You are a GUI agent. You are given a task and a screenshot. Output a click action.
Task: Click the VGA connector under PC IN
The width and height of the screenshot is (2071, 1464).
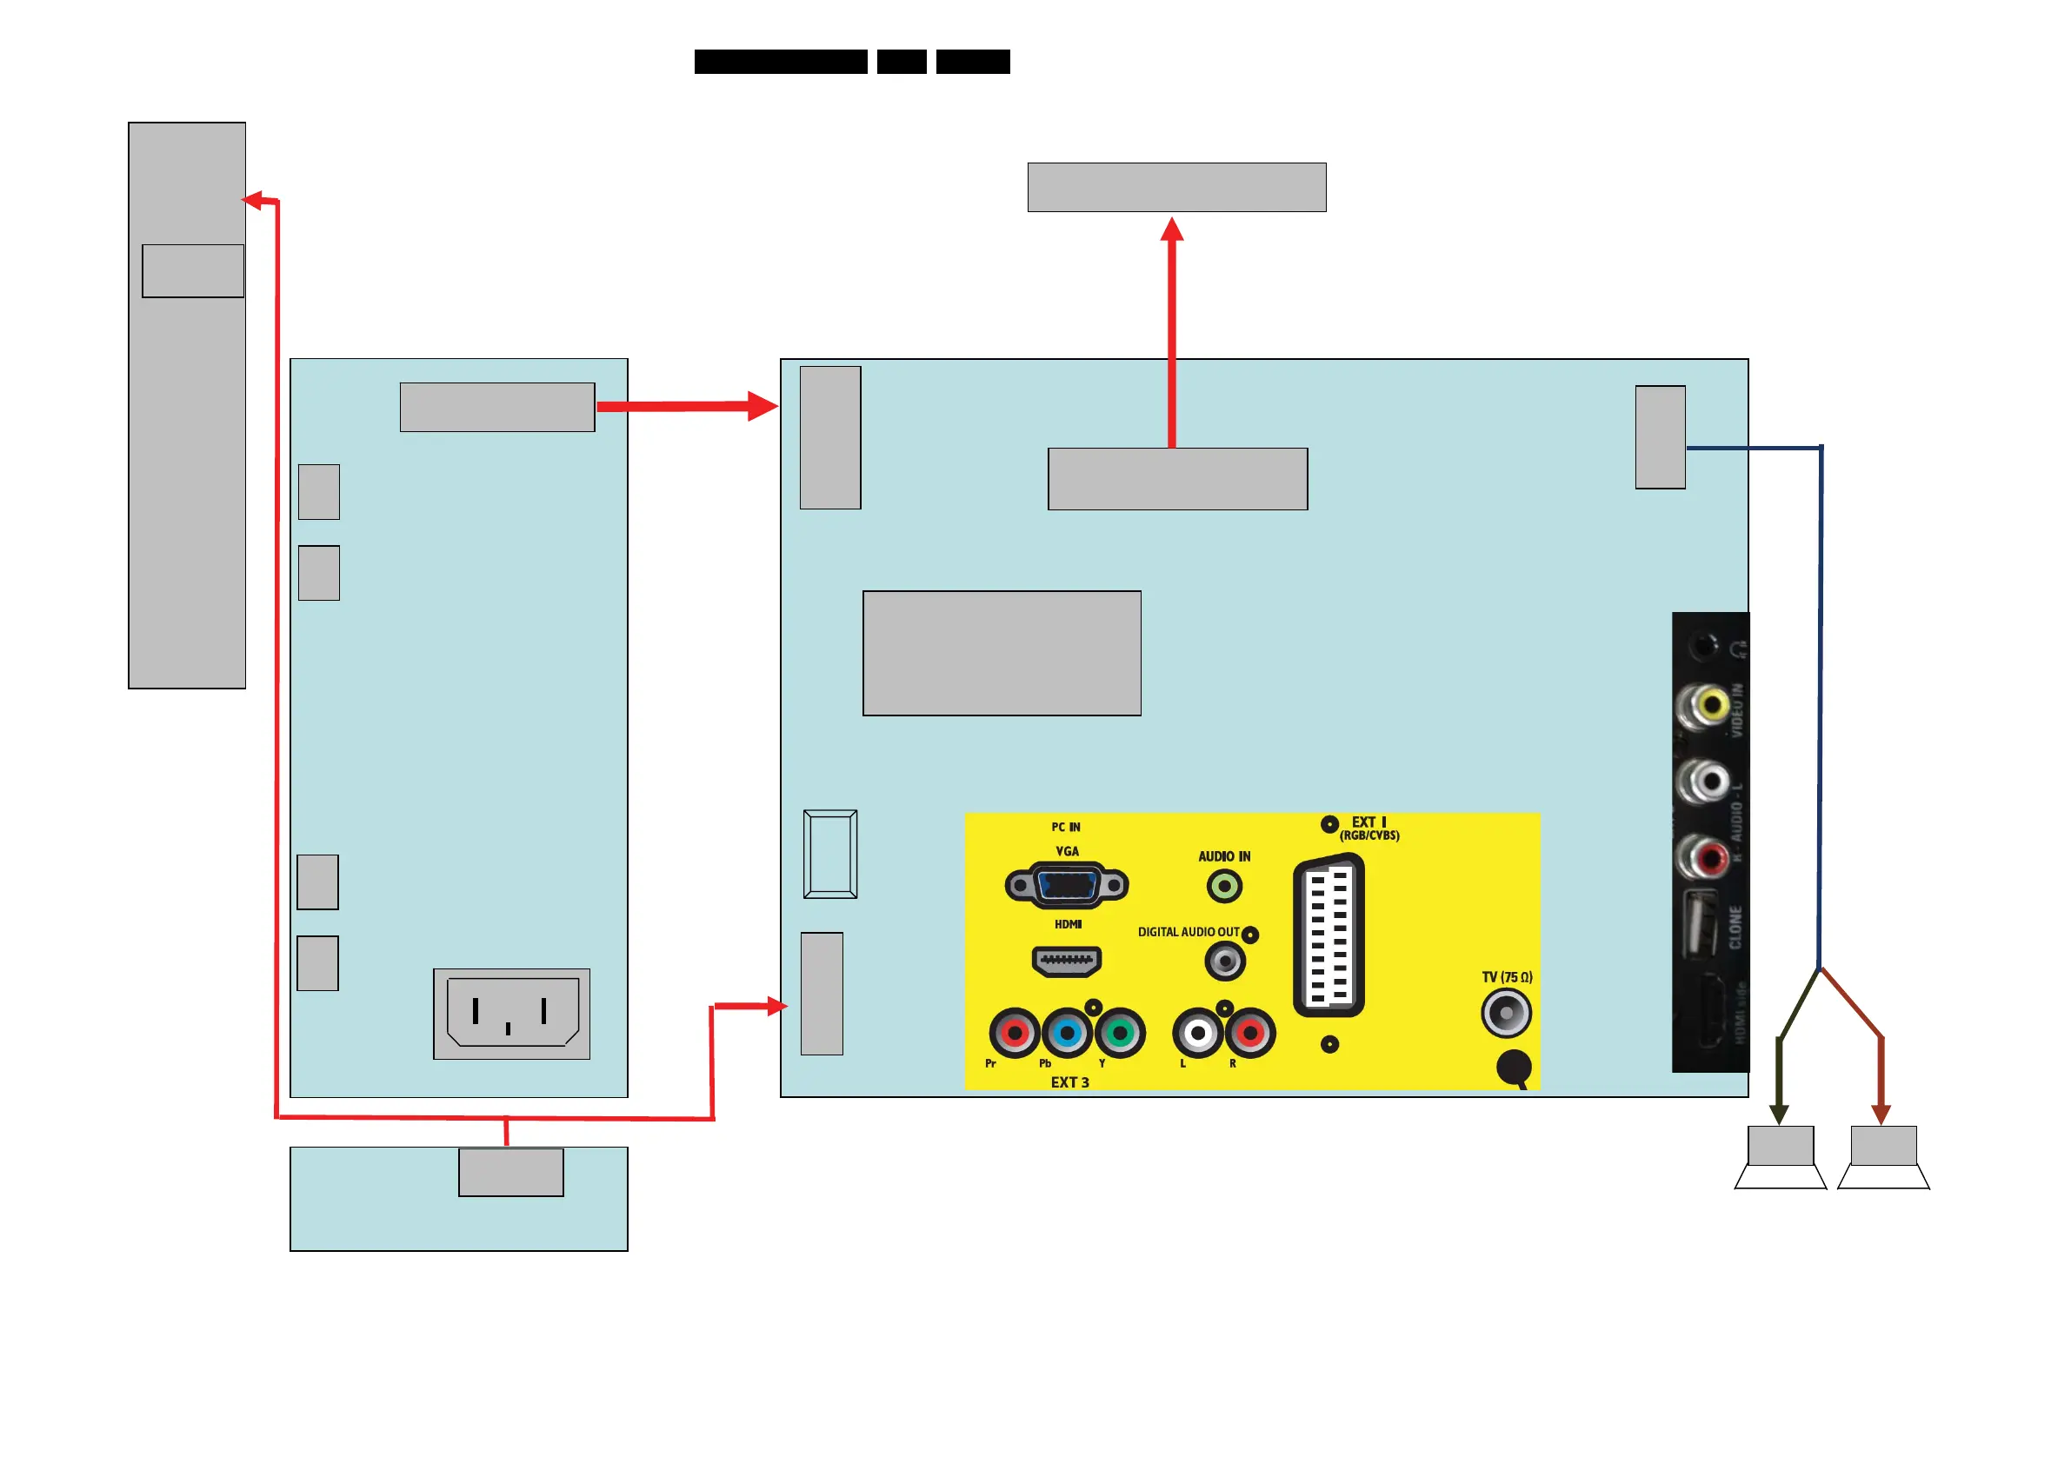click(1066, 885)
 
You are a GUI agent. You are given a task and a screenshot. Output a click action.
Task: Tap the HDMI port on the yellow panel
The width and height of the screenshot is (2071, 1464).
click(1066, 961)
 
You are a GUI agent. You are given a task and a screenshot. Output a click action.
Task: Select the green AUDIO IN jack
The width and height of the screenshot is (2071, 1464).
click(1224, 886)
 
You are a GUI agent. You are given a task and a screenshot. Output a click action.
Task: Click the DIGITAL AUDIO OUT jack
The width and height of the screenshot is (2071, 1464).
click(1225, 962)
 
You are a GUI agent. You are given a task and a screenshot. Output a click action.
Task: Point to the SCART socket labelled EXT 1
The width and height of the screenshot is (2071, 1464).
click(1328, 936)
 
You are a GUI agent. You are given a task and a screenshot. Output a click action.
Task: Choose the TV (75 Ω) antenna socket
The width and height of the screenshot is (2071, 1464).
click(1506, 1012)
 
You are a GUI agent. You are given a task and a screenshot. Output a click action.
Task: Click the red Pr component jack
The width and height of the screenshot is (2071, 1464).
click(1015, 1032)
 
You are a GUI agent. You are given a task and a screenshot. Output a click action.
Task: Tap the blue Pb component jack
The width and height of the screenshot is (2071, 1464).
click(1067, 1032)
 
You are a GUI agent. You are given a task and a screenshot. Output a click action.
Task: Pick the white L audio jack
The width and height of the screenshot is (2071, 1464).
click(1198, 1032)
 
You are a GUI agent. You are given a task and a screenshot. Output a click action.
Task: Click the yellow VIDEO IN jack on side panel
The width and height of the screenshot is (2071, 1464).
click(1706, 704)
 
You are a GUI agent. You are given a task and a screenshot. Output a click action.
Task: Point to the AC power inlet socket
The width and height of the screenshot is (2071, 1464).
click(512, 1012)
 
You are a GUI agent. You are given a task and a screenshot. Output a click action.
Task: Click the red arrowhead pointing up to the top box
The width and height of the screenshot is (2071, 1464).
click(1172, 230)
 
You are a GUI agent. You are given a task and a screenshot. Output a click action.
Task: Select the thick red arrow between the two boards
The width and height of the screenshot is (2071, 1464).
click(685, 406)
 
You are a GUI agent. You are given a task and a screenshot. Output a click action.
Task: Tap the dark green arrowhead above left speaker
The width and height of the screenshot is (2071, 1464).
click(1779, 1114)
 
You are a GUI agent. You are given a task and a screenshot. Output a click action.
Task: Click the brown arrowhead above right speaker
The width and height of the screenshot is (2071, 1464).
click(1881, 1114)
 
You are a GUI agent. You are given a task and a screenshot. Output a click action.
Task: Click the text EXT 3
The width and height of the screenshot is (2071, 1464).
click(1069, 1082)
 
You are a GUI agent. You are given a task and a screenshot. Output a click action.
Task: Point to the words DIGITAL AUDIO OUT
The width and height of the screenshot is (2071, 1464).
click(1188, 932)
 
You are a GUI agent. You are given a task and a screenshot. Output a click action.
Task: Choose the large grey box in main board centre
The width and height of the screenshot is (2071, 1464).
click(1002, 653)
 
